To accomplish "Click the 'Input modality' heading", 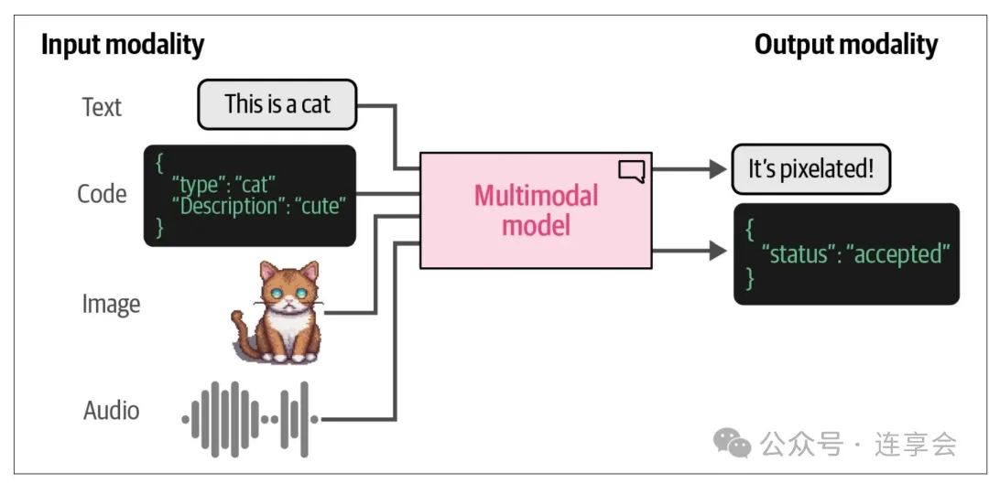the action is coord(123,46).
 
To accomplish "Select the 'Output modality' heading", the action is coord(846,46).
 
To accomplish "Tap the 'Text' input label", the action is coord(102,107).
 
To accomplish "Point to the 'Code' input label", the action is coord(102,193).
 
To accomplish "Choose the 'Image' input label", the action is coord(111,305).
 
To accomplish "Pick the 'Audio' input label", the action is coord(111,411).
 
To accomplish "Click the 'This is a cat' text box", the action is coord(277,104).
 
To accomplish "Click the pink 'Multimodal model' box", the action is coord(536,210).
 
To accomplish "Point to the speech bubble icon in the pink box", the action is coord(631,171).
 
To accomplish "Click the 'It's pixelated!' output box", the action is coord(810,169).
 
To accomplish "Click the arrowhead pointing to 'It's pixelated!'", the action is coord(718,169).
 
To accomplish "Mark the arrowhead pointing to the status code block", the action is coord(718,251).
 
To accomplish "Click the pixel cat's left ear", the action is coord(268,272).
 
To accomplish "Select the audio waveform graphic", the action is coord(250,419).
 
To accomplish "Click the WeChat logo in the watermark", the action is coord(733,444).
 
